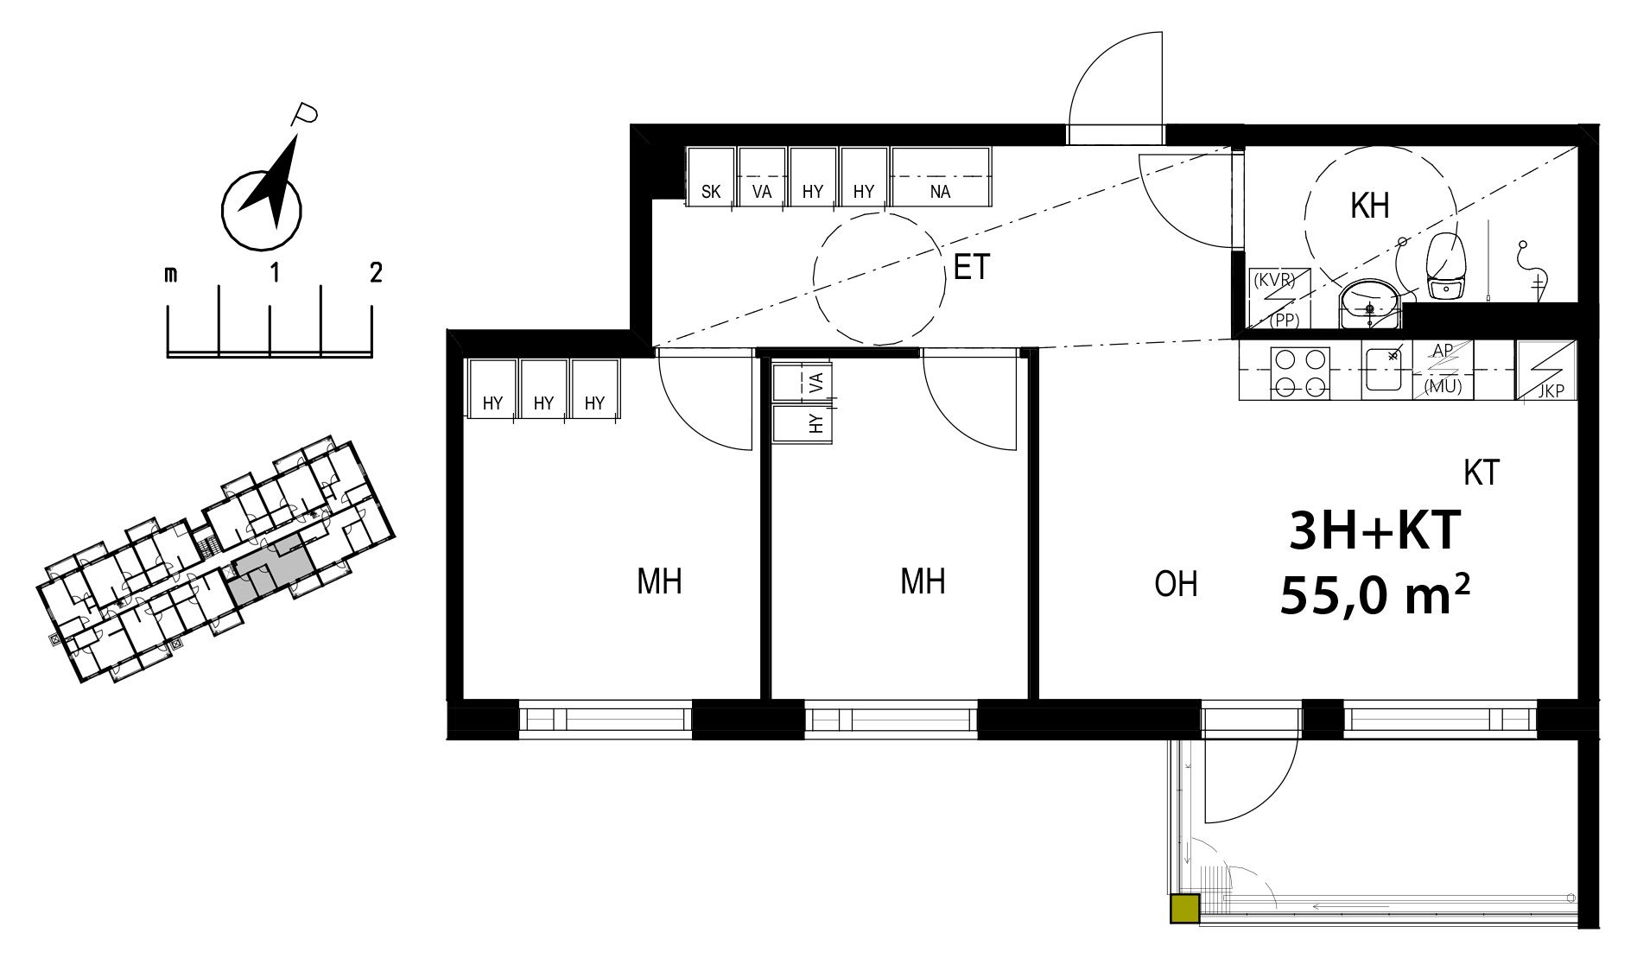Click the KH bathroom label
(x=1369, y=206)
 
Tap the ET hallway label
(x=971, y=268)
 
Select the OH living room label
(x=1176, y=585)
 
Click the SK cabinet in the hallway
(x=711, y=177)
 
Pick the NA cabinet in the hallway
(x=941, y=177)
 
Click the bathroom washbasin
(x=1370, y=304)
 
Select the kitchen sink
(x=1386, y=371)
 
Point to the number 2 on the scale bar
(x=375, y=274)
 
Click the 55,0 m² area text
(x=1375, y=597)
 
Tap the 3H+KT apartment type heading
(x=1374, y=530)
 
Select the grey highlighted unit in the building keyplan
(x=270, y=570)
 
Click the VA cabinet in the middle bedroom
(x=803, y=381)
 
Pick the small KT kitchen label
(x=1482, y=473)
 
